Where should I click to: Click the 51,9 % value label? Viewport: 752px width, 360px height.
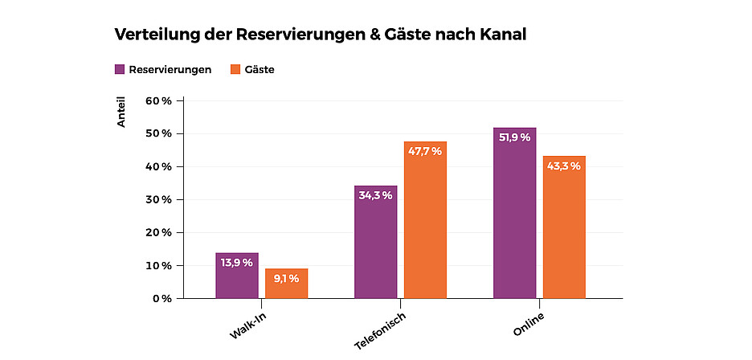(x=515, y=137)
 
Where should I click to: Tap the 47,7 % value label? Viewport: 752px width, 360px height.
(x=425, y=151)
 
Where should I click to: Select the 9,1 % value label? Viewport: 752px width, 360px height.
(x=287, y=278)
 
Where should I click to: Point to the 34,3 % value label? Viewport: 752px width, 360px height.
(x=376, y=195)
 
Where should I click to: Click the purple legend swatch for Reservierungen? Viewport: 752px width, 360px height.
(x=120, y=69)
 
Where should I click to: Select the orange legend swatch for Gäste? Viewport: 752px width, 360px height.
(x=235, y=69)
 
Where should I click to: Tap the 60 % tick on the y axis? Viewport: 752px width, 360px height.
(x=158, y=100)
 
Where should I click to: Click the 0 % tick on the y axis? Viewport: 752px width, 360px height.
(x=161, y=298)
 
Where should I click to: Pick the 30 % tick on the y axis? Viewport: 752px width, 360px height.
(x=158, y=199)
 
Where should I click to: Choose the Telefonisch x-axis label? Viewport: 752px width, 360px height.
(x=380, y=329)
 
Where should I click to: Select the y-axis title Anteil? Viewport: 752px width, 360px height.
(x=122, y=113)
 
